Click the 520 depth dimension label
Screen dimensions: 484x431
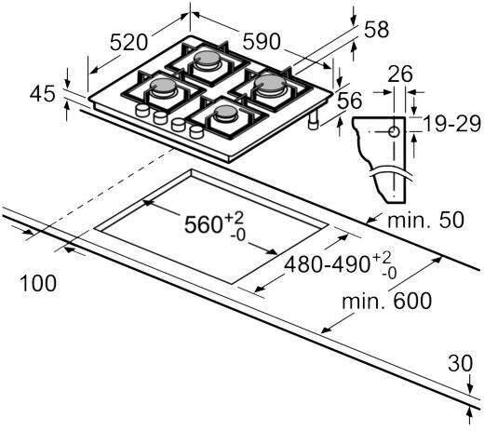click(x=128, y=43)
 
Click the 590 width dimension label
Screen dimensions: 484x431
click(x=262, y=41)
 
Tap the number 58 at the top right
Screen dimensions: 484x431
click(x=376, y=30)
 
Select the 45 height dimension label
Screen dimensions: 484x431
click(x=43, y=94)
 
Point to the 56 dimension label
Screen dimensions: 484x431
click(x=349, y=101)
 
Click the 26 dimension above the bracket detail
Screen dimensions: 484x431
click(x=400, y=74)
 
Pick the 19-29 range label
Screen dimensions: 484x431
click(x=451, y=124)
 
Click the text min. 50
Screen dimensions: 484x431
click(x=425, y=220)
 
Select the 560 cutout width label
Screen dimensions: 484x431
click(x=214, y=224)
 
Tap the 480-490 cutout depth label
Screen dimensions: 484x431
click(x=341, y=265)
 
